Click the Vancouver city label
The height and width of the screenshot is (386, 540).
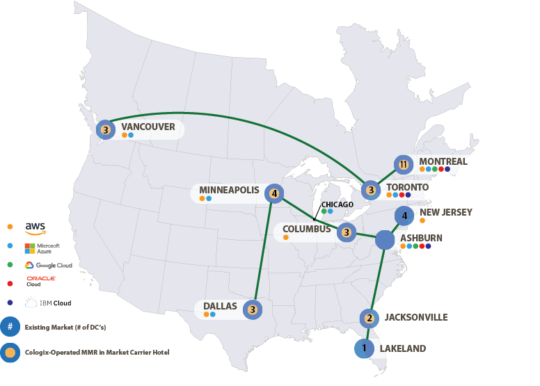pos(148,127)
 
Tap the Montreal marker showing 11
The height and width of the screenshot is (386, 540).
pos(404,165)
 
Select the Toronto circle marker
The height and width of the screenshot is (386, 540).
pos(372,190)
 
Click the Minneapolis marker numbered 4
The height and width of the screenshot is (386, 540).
pos(275,193)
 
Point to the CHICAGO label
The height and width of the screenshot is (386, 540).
pos(337,204)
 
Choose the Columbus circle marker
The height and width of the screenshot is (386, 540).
pos(347,232)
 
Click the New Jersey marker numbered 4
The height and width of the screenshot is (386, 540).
pos(404,216)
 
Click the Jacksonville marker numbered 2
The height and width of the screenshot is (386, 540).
pos(370,319)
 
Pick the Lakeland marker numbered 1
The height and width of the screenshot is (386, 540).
pos(363,348)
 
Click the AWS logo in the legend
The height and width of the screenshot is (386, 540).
pos(35,227)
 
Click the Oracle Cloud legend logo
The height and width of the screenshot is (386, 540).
pos(40,281)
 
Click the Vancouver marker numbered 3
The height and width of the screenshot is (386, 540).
pos(105,129)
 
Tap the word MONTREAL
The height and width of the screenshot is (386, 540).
pos(443,161)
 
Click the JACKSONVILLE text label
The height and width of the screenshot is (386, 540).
pos(415,317)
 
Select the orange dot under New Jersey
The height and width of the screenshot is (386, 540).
pos(422,220)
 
